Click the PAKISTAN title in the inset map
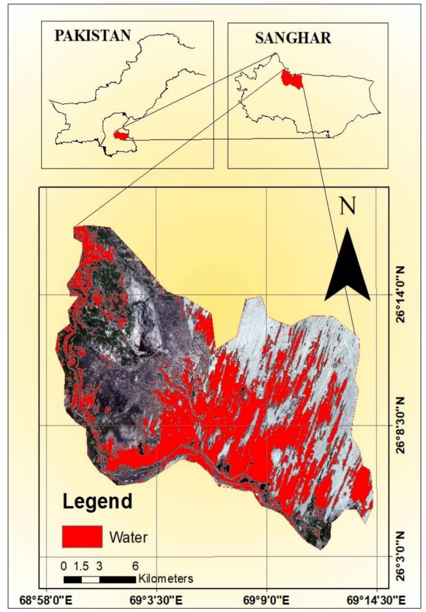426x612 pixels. (x=93, y=35)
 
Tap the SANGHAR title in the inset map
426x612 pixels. (x=293, y=38)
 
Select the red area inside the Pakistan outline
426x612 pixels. (x=122, y=136)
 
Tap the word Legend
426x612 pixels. (x=97, y=501)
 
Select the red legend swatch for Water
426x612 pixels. (x=82, y=537)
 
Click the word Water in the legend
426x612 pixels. (x=128, y=537)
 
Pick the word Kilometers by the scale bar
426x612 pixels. (x=166, y=578)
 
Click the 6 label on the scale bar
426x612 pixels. (x=135, y=566)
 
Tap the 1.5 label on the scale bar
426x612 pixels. (x=81, y=566)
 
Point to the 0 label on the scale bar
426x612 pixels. (x=64, y=566)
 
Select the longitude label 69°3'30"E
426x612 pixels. (x=156, y=600)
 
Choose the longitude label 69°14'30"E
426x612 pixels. (x=376, y=600)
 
